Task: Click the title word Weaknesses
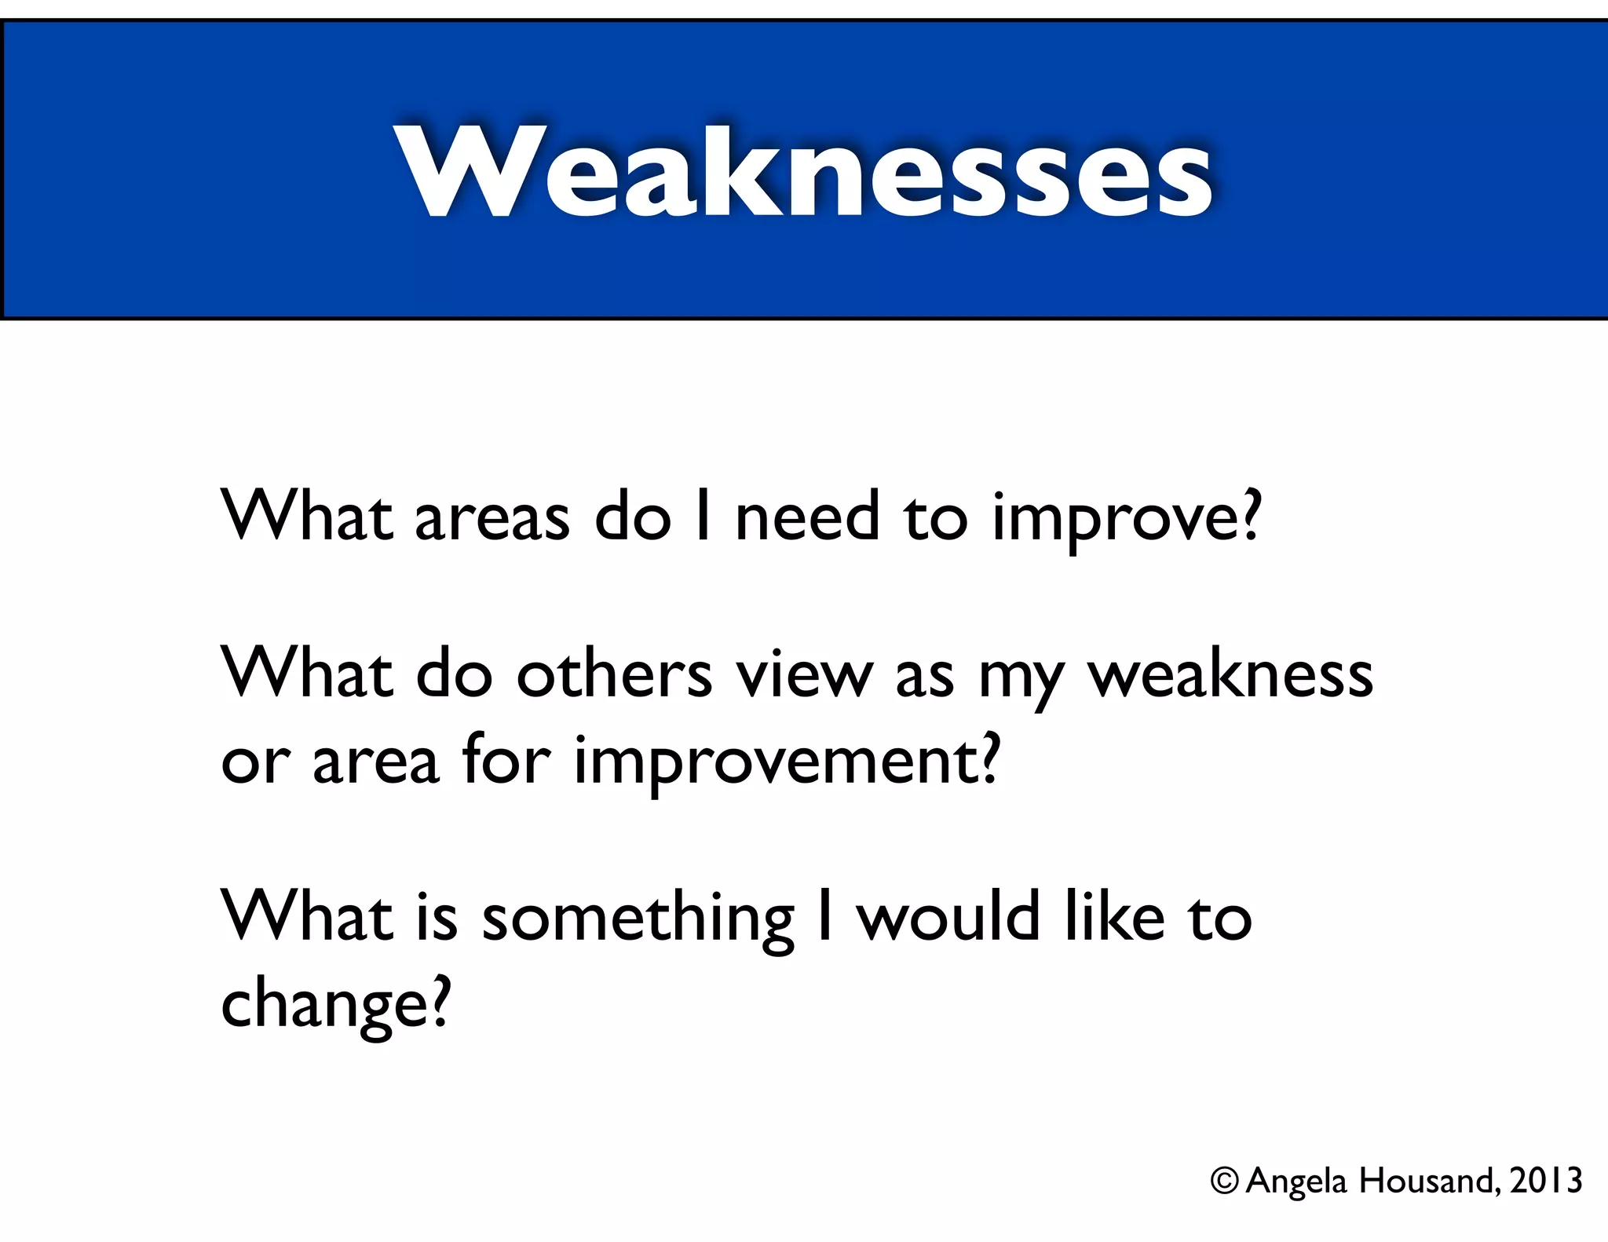pos(806,173)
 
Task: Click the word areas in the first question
pos(492,518)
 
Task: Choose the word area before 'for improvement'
pos(375,760)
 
